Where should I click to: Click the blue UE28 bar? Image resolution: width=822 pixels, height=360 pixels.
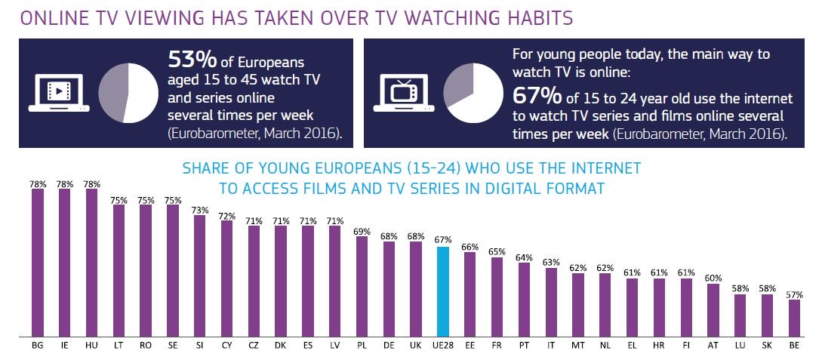pos(443,291)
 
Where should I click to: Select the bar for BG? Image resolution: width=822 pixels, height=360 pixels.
pos(38,263)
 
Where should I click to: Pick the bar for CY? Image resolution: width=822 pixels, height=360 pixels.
pos(226,278)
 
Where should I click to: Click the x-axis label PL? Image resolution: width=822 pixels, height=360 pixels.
pos(362,345)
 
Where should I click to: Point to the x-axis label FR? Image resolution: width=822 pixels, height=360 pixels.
pos(497,345)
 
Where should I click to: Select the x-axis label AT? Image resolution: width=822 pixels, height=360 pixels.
pos(713,345)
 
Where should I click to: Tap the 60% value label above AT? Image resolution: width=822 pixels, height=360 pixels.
pos(713,277)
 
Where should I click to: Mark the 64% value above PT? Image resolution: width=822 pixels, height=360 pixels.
pos(524,257)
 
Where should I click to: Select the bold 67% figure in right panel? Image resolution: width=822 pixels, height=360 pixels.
pos(534,97)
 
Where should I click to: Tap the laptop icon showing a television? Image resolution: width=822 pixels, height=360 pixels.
pos(401,94)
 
